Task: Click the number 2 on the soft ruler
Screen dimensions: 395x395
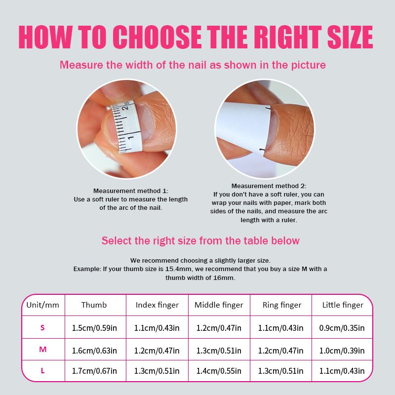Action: click(x=125, y=108)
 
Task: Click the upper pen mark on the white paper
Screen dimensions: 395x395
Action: click(x=269, y=108)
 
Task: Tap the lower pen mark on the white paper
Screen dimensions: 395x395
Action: click(x=262, y=150)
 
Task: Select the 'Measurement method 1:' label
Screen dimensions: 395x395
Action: click(x=131, y=191)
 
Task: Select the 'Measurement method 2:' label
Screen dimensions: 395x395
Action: click(x=269, y=186)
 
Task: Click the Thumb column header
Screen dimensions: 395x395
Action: click(x=94, y=305)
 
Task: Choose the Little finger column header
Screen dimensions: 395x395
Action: click(x=343, y=305)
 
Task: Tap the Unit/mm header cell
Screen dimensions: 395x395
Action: click(x=42, y=305)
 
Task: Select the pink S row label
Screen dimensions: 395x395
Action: click(x=42, y=327)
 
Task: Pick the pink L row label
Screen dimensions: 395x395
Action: click(x=42, y=371)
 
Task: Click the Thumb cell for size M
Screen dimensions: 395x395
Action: click(x=94, y=351)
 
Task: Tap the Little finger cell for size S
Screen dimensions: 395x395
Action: click(x=342, y=328)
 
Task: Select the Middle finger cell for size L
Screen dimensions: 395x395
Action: click(x=219, y=371)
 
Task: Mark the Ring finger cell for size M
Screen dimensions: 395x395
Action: click(x=280, y=351)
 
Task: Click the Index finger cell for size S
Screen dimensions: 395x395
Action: click(x=157, y=328)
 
